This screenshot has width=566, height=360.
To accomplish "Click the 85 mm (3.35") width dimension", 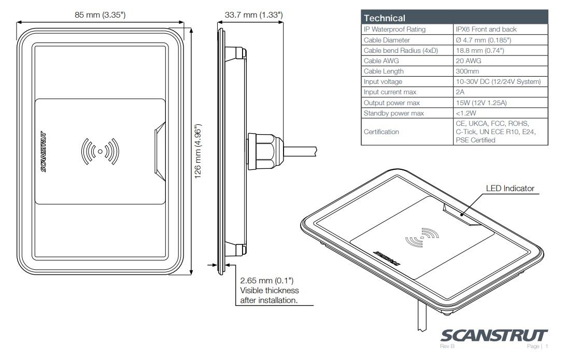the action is coord(100,15).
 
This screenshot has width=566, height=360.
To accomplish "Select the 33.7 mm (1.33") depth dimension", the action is coord(253,15).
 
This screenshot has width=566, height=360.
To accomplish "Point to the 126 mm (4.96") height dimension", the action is coord(198,151).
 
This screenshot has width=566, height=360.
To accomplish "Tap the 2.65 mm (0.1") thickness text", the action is coord(267,281).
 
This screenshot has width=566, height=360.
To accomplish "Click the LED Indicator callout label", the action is coord(510,189).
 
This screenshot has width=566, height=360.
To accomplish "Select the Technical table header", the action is coord(385,18).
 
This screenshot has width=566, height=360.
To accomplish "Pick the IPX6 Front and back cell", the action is coord(486,29).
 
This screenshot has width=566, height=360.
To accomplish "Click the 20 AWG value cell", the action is coord(468,61).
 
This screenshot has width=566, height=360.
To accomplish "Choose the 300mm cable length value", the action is coord(467,71).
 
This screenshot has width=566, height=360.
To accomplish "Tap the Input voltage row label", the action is coord(383,82).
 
